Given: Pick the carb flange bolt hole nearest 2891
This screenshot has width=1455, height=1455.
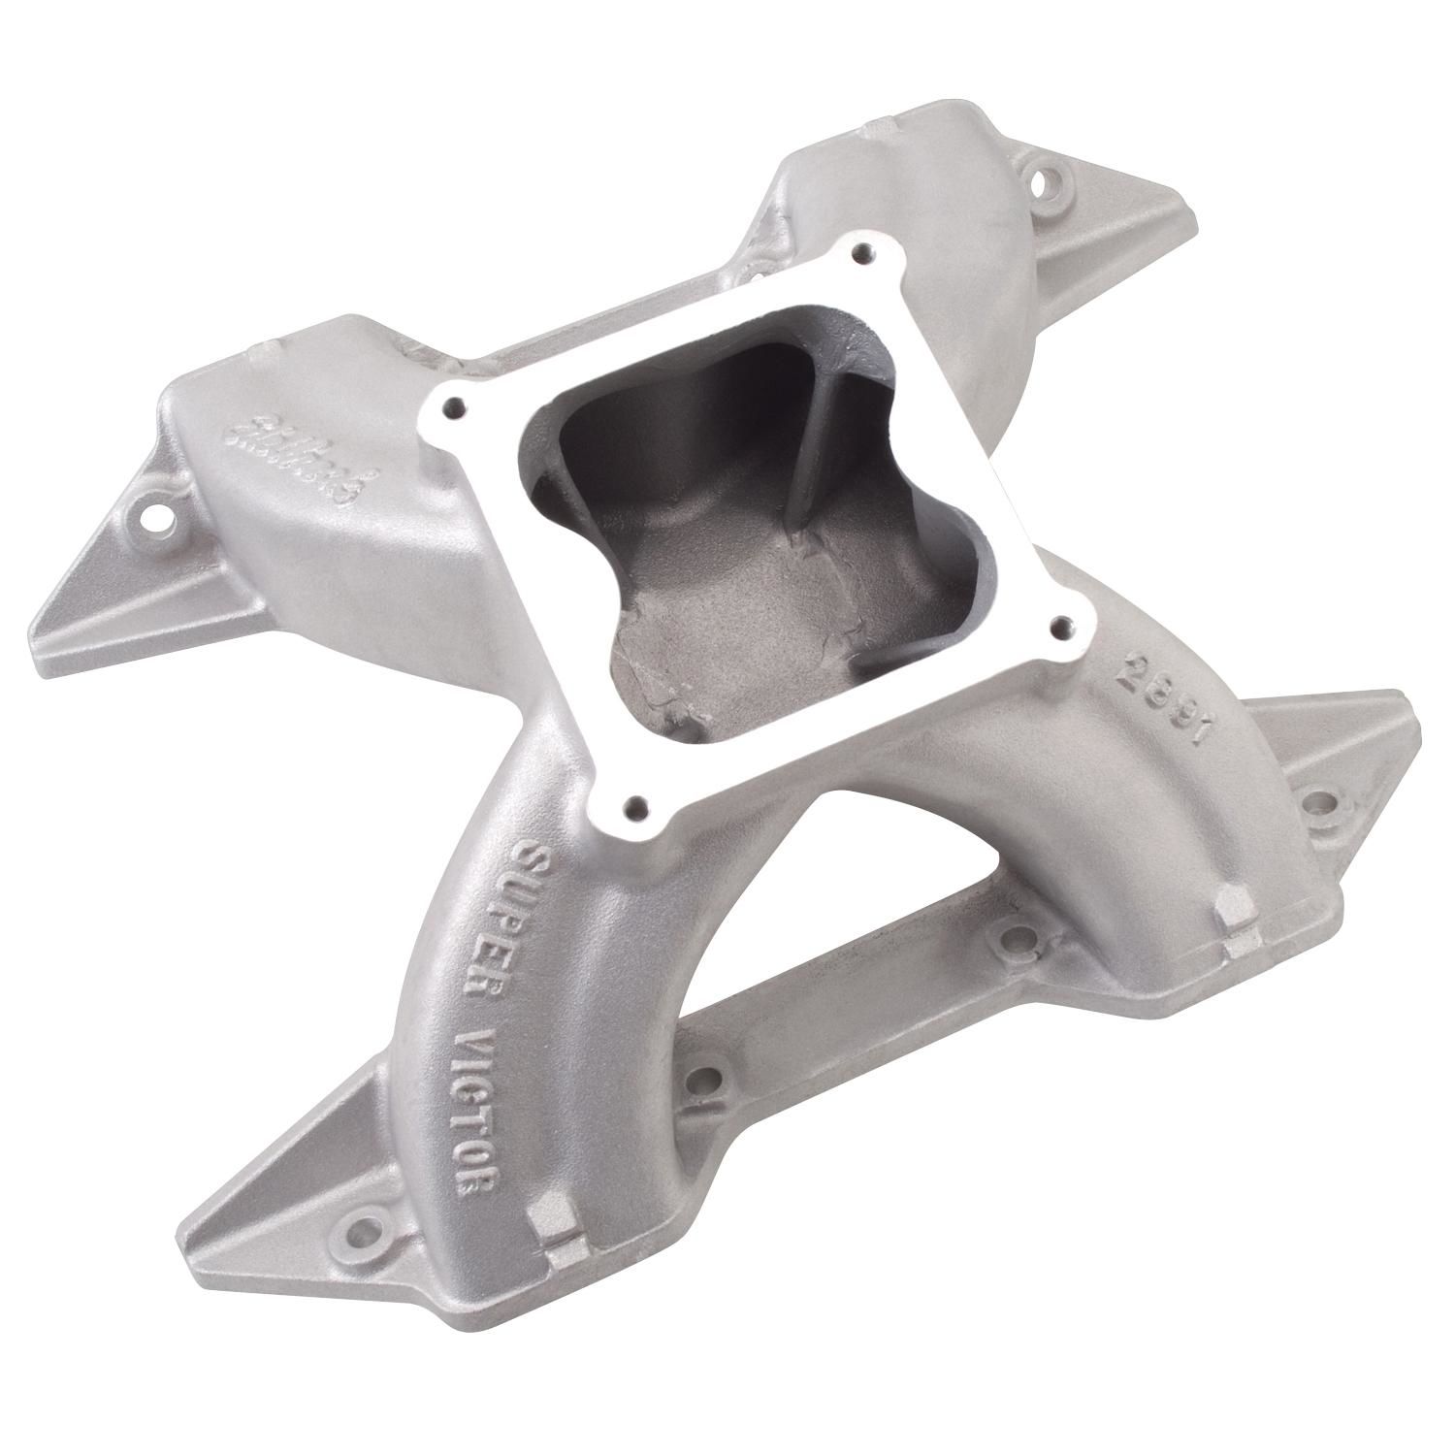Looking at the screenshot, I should pos(1062,625).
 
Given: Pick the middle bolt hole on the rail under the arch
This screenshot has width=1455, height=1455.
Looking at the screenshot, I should pos(1012,938).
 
